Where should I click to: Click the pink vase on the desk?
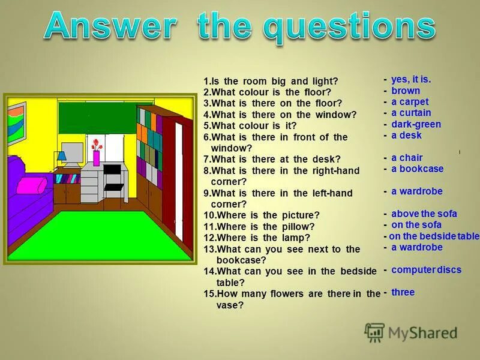(x=96, y=158)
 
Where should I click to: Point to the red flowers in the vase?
(x=96, y=145)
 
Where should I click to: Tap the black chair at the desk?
(x=112, y=177)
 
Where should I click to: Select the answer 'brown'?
(x=406, y=91)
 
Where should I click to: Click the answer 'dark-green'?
(x=416, y=124)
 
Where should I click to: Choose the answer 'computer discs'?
(x=426, y=270)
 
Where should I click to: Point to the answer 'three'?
(x=403, y=292)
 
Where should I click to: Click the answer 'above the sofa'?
(x=424, y=214)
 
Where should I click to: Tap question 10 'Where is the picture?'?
(x=262, y=215)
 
